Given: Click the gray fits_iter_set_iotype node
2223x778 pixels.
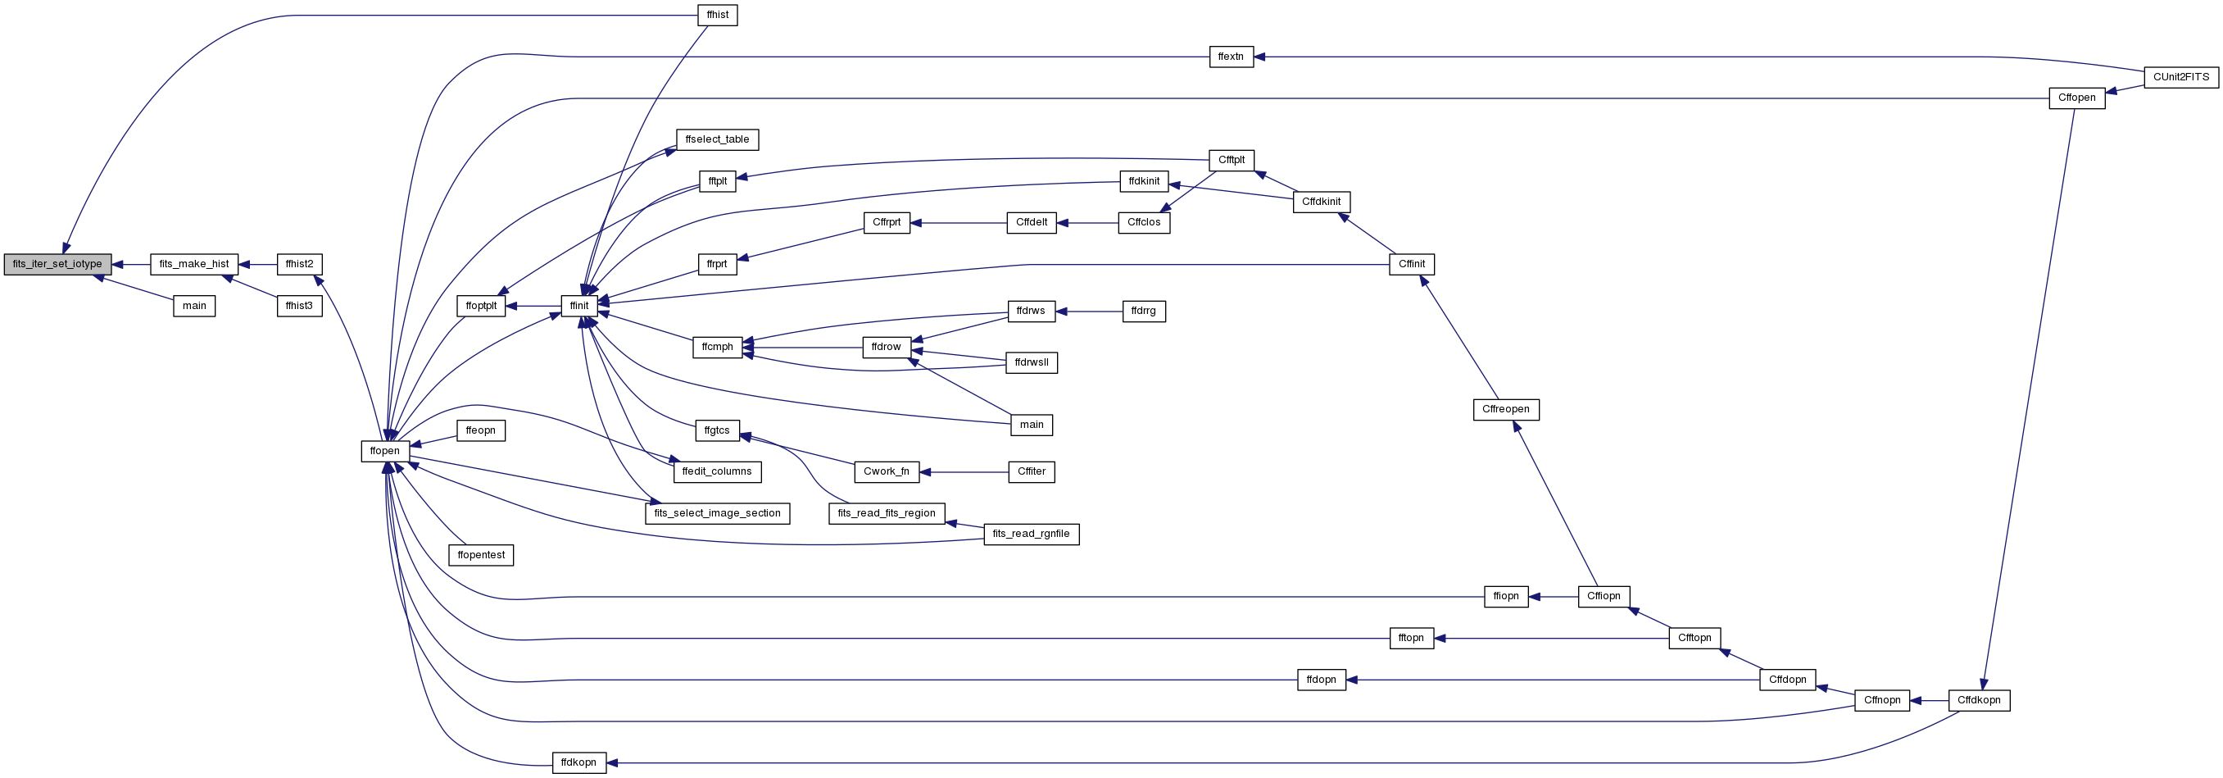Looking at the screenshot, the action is [58, 264].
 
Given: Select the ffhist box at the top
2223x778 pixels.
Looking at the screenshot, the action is [717, 16].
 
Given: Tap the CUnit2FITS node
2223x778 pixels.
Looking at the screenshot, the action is [2180, 78].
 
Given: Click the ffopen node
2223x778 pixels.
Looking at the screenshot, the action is [385, 451].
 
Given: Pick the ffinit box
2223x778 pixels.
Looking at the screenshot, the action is [579, 306].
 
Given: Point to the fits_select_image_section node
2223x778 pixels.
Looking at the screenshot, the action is [717, 513].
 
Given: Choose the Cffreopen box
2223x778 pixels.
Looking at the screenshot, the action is [1506, 409].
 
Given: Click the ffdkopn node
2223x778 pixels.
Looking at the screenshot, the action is [579, 762].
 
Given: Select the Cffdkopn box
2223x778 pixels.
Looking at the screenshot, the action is [1979, 700].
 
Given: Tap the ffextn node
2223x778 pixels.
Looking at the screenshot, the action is [1231, 57].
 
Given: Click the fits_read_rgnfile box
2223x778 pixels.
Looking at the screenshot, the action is [1032, 534].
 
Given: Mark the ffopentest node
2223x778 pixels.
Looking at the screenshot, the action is [482, 554].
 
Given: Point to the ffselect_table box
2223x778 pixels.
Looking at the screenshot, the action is [717, 140].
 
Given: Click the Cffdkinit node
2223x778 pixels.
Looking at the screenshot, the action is [1321, 202].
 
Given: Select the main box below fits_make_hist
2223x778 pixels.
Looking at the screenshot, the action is [194, 306].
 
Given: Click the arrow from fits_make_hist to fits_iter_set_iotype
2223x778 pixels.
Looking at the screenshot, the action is [131, 264].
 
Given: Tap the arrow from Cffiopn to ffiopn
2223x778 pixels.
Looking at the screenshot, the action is [1554, 597].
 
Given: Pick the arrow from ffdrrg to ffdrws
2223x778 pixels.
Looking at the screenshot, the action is [1088, 312].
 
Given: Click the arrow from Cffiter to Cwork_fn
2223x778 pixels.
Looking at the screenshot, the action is [964, 472].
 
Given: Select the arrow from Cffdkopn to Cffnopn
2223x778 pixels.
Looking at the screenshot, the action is [1929, 700].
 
